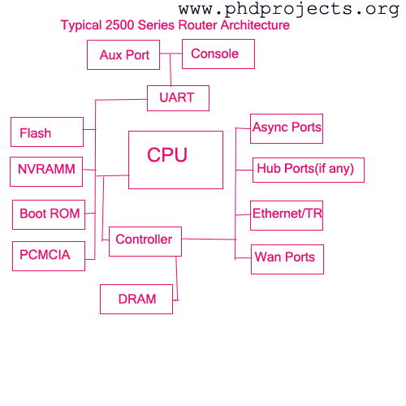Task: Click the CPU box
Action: tap(175, 160)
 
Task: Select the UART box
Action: tap(178, 98)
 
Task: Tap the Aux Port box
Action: tap(123, 55)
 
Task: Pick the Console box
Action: tap(218, 54)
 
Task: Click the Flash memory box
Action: tap(47, 132)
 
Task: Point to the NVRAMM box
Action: tap(46, 171)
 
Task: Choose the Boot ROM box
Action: tap(49, 215)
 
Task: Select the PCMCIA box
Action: tap(49, 256)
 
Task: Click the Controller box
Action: tap(145, 241)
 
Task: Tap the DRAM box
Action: tap(136, 299)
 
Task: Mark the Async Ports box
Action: tap(287, 128)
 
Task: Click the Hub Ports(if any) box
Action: tap(309, 170)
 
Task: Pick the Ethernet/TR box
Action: tap(287, 215)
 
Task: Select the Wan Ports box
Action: tap(287, 259)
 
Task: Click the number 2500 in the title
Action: tap(119, 25)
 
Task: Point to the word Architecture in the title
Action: tap(255, 25)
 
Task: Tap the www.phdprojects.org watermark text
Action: tap(289, 10)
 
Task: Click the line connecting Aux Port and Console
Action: tap(171, 54)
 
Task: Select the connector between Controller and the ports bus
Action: tap(209, 239)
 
